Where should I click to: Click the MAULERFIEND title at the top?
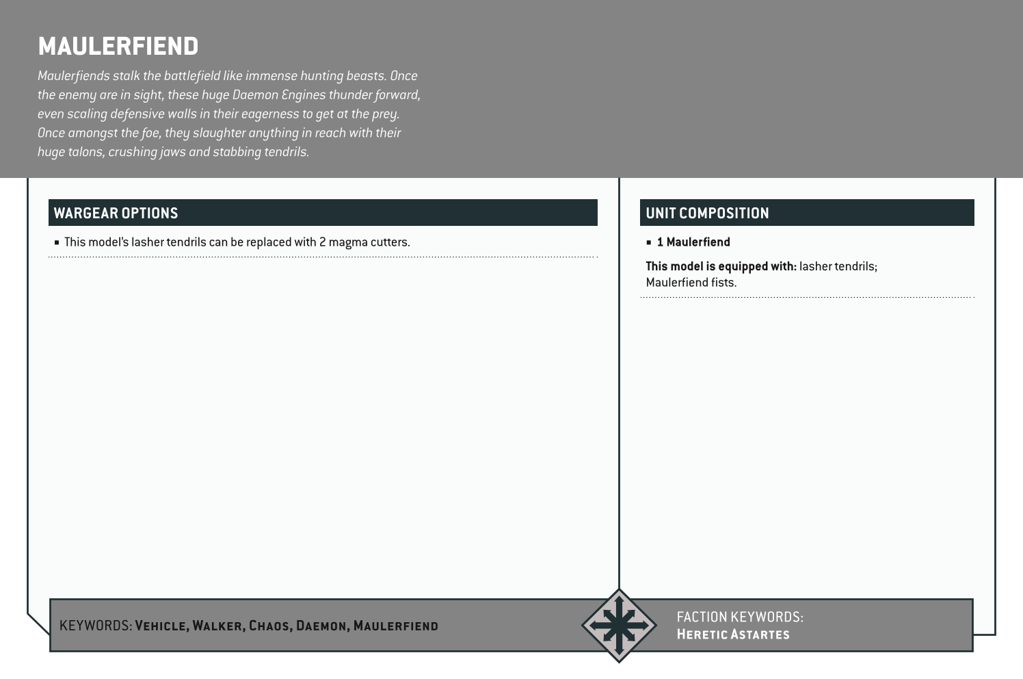(118, 47)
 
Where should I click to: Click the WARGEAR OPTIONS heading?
(116, 213)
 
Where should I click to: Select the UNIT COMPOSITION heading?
(707, 213)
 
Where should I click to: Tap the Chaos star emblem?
(619, 625)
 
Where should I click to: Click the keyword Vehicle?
(161, 626)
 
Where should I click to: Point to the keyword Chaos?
(269, 626)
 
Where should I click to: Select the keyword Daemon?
(321, 626)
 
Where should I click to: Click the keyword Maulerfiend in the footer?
(395, 626)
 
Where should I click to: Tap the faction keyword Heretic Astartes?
(732, 635)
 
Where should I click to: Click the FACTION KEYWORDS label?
(739, 617)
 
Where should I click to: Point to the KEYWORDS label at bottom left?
(95, 626)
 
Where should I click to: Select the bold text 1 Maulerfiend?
(693, 242)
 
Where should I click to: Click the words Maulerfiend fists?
(691, 283)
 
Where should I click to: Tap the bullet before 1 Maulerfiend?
(649, 242)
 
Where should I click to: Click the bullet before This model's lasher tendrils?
(57, 242)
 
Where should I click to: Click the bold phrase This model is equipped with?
(721, 266)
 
